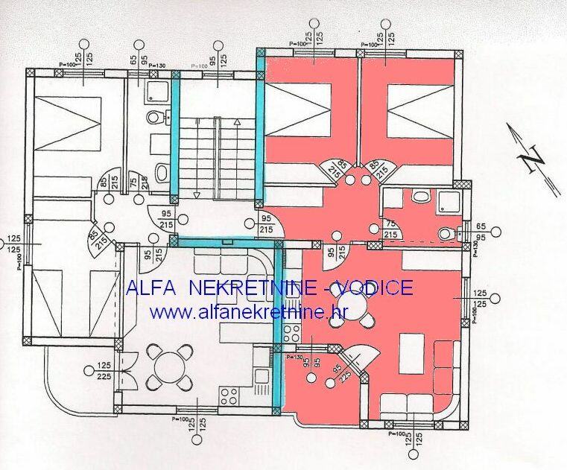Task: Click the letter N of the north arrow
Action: pos(530,161)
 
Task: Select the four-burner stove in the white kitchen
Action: pos(229,393)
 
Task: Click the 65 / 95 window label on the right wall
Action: pos(480,231)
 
